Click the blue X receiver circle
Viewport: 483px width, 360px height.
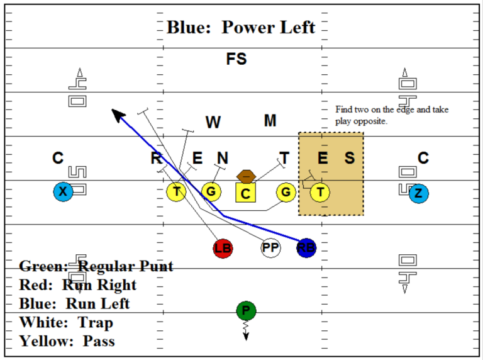tap(62, 192)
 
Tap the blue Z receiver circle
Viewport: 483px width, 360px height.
tap(418, 193)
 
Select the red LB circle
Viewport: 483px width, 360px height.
tap(223, 248)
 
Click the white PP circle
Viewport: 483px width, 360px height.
tap(270, 248)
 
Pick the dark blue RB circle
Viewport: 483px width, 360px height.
tap(306, 248)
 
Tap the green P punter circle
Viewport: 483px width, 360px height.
tap(246, 311)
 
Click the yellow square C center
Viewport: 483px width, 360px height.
tap(245, 193)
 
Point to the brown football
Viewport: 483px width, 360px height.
tap(245, 176)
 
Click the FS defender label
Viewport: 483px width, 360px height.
tap(236, 60)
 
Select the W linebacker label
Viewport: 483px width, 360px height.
tap(213, 123)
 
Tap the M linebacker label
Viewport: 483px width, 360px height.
tap(270, 121)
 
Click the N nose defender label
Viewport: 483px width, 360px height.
tap(223, 158)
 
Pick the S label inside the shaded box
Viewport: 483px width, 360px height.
tap(349, 158)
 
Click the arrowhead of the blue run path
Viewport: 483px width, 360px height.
tap(116, 113)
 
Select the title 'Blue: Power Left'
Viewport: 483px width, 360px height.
tap(241, 28)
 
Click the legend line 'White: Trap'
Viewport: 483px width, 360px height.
tap(67, 323)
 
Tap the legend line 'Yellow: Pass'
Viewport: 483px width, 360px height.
tap(67, 341)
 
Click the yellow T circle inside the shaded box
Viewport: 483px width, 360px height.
tap(321, 192)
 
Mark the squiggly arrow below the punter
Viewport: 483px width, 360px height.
tap(246, 331)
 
